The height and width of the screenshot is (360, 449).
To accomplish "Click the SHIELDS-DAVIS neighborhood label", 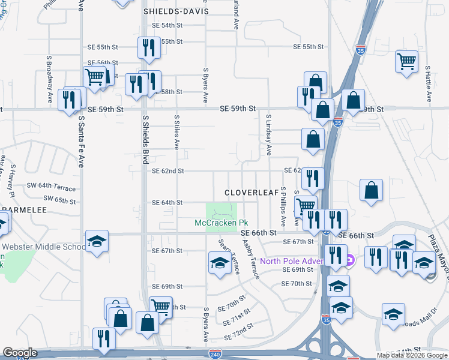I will [176, 11].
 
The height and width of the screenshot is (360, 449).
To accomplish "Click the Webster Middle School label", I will [44, 247].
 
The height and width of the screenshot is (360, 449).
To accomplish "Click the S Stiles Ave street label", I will [177, 133].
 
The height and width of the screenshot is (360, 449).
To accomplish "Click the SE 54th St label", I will [167, 25].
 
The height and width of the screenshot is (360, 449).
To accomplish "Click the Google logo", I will [20, 353].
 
